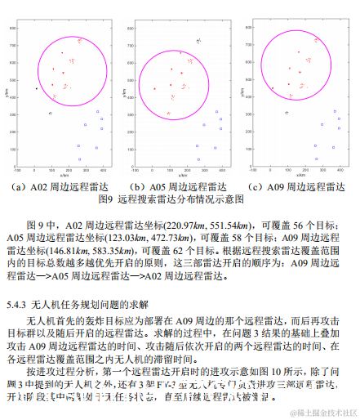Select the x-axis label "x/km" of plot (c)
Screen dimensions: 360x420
pos(301,175)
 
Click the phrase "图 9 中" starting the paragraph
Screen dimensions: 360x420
pos(39,222)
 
